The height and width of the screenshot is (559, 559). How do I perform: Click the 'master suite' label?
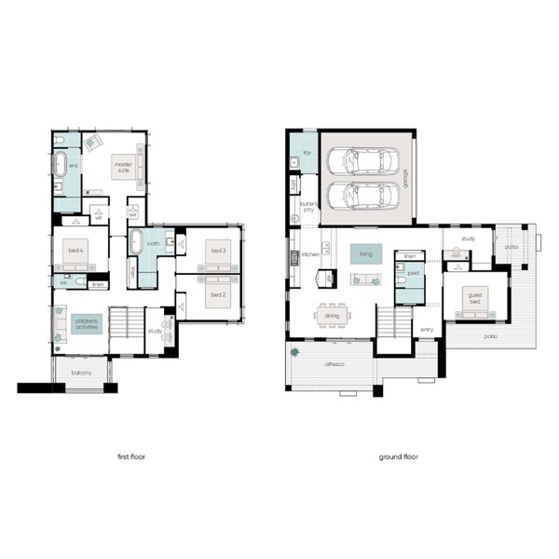click(124, 167)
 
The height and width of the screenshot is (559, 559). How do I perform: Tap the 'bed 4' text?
click(75, 251)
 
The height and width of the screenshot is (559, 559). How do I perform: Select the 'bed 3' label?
click(217, 252)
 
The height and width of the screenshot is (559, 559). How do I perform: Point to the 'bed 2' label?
click(217, 294)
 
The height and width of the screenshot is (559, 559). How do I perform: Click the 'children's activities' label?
click(91, 324)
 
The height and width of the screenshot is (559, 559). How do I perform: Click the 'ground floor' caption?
click(399, 457)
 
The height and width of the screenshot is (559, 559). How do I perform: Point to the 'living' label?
click(365, 252)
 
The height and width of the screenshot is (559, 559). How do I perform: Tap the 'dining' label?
click(333, 316)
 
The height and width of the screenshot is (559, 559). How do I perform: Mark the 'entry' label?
click(428, 330)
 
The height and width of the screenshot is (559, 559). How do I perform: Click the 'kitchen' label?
click(309, 253)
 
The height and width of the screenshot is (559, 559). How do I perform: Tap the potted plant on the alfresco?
click(297, 353)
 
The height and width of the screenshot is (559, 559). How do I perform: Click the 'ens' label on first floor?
click(74, 167)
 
